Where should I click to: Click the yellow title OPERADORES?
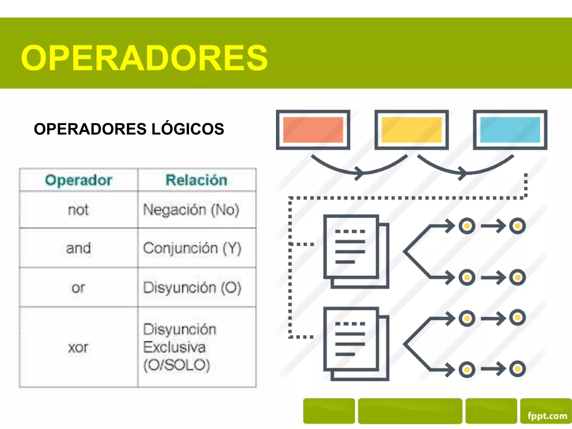point(144,58)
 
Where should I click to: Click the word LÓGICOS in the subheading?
point(187,129)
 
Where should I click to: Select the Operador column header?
point(78,180)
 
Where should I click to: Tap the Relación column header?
point(196,180)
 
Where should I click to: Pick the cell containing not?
point(78,210)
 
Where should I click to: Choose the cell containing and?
point(78,248)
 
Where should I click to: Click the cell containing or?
point(78,287)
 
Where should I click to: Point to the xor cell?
point(78,347)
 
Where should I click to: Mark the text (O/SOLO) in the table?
point(177,365)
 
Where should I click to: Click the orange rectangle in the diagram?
point(313,130)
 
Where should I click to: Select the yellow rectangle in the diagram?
point(411,130)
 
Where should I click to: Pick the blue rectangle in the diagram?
point(510,130)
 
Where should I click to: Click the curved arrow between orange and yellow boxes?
point(359,169)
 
